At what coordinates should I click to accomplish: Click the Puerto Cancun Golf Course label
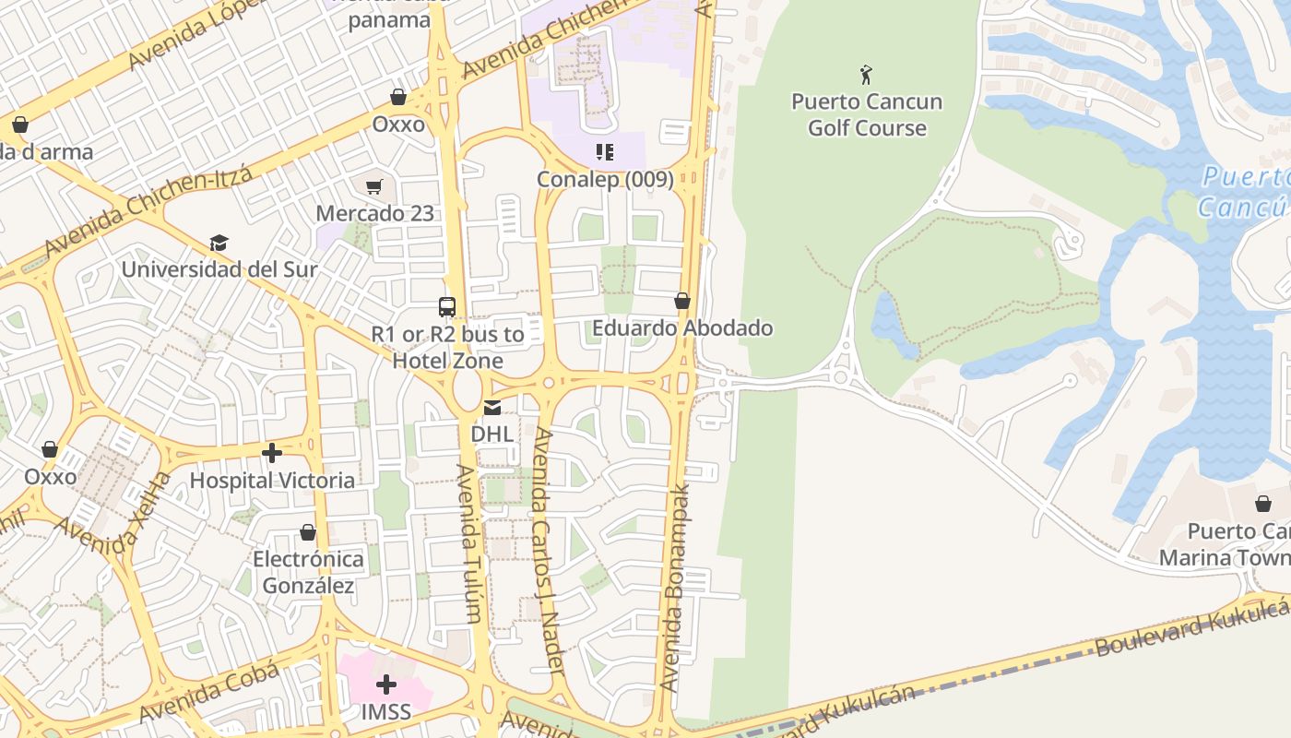click(866, 114)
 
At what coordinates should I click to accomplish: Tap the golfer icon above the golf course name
click(866, 74)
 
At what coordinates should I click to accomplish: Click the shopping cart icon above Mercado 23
click(374, 187)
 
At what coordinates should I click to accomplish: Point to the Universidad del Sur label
click(219, 269)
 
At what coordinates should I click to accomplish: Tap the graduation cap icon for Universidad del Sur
click(219, 243)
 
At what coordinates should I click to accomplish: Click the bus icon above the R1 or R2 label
click(447, 307)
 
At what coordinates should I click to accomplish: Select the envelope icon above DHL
click(492, 407)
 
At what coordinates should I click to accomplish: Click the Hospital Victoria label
click(272, 480)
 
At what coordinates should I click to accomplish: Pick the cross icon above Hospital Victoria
click(272, 453)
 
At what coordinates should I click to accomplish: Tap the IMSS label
click(385, 712)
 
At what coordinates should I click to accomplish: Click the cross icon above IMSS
click(386, 684)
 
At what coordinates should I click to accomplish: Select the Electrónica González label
click(308, 572)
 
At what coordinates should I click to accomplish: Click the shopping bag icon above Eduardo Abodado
click(682, 301)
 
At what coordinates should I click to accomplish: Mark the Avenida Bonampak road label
click(675, 587)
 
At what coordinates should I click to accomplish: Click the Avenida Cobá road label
click(208, 694)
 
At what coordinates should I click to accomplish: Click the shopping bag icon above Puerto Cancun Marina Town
click(1262, 504)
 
